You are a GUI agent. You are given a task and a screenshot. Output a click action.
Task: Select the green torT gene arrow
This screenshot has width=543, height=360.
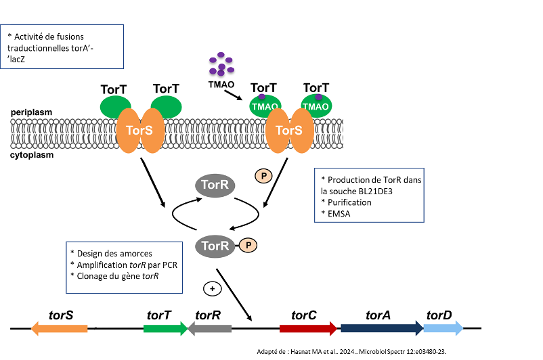[165, 328]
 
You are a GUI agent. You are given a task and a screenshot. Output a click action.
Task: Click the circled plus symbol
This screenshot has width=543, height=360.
[212, 288]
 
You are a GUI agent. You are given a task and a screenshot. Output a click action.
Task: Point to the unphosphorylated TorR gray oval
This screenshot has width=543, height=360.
[216, 184]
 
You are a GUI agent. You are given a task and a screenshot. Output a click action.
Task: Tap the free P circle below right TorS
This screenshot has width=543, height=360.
[263, 176]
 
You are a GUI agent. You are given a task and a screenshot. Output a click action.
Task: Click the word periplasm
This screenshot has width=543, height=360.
[32, 112]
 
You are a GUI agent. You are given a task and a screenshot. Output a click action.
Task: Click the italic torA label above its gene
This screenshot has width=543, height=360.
[378, 315]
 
